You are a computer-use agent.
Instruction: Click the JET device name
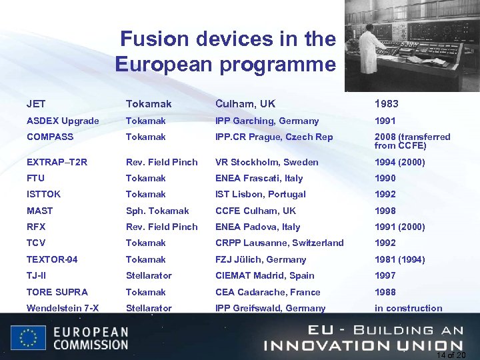tap(36, 104)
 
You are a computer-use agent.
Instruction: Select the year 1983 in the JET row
tap(387, 104)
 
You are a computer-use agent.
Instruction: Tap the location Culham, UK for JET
tap(245, 104)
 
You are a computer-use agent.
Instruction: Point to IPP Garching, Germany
tap(267, 121)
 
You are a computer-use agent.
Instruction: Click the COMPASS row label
tap(51, 137)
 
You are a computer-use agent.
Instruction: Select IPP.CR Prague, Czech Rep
tap(274, 137)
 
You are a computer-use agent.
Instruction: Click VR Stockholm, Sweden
tap(267, 162)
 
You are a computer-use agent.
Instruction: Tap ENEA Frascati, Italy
tap(259, 178)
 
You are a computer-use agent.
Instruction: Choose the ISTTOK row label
tap(44, 194)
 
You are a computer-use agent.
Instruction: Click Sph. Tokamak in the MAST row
tap(157, 211)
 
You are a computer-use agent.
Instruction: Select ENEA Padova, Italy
tap(257, 227)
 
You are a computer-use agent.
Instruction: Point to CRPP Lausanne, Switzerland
tap(279, 243)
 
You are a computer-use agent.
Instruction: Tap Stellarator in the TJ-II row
tap(149, 275)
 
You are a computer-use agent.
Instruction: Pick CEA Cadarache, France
tap(267, 292)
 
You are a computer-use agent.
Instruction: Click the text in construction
tap(408, 308)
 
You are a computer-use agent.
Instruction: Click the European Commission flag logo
tap(28, 337)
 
